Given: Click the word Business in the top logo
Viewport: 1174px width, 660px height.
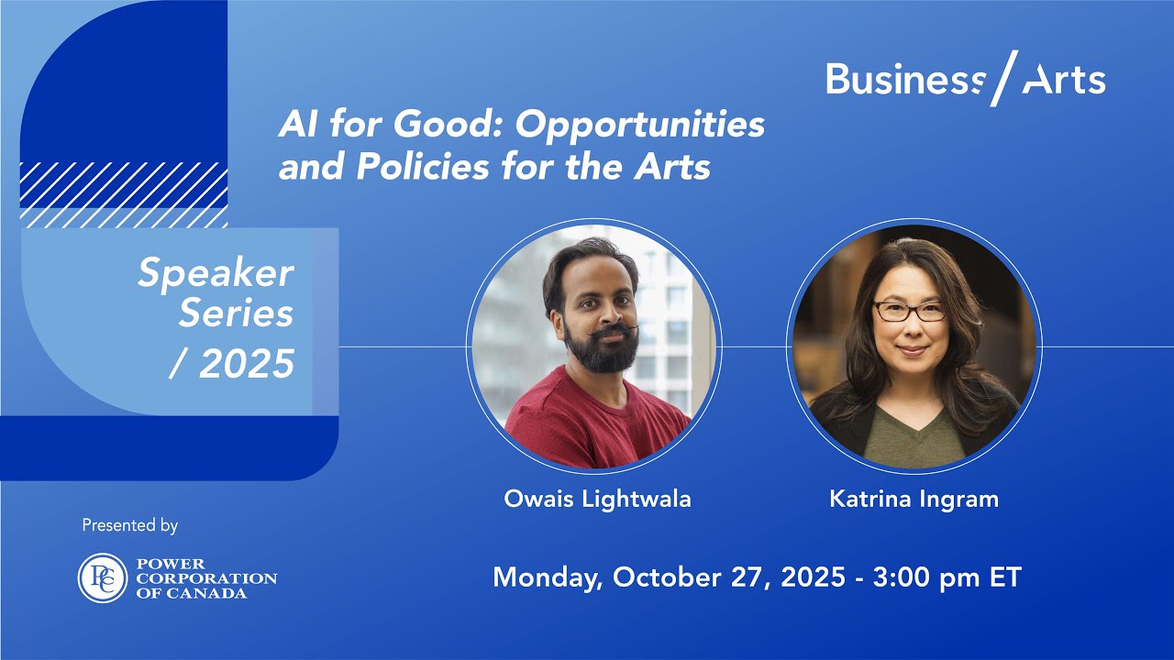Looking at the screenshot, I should [x=903, y=81].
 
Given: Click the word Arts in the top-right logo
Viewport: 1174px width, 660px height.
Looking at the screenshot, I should [x=1064, y=81].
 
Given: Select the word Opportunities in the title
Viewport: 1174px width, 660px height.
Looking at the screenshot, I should [x=639, y=125].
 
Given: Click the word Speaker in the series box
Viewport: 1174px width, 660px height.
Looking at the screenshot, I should [x=216, y=273].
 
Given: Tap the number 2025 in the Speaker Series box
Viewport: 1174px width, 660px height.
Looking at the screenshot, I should [x=247, y=365].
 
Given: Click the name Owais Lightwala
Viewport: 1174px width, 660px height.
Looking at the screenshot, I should [x=597, y=499].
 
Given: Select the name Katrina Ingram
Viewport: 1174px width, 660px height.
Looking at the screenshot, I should [x=914, y=499].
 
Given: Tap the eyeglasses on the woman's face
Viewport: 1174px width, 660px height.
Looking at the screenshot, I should [x=909, y=311].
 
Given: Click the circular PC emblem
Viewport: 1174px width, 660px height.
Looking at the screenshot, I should [x=102, y=578].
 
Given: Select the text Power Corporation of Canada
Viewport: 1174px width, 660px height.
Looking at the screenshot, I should [x=205, y=578].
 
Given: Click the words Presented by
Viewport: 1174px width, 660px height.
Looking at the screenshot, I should [x=130, y=526].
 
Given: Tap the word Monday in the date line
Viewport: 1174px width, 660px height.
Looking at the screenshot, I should [x=547, y=577].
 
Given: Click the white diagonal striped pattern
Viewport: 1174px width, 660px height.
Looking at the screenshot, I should [x=124, y=194].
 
